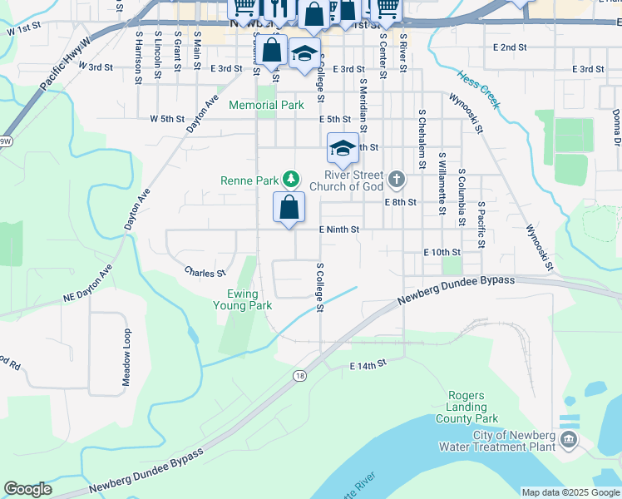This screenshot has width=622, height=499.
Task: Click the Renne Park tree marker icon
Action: pos(290,178)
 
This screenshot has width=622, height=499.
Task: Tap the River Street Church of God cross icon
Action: pos(397,178)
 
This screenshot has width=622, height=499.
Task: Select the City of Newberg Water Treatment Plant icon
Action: pos(569,438)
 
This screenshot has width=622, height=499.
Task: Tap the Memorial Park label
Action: pos(266,106)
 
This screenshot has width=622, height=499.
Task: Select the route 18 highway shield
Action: pos(298,377)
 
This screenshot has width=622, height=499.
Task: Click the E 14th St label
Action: pos(368,365)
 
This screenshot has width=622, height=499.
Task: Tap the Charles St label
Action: pos(205,272)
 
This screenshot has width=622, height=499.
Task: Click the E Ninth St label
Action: pos(338,230)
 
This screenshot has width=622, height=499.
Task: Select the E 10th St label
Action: pos(442,251)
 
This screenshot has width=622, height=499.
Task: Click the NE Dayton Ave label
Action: pos(87,285)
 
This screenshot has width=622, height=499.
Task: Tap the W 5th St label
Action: pos(166,119)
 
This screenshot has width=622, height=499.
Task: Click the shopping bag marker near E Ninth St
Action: pos(289,208)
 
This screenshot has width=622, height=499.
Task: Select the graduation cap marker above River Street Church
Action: pos(343,148)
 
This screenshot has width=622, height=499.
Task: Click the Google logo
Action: pos(27,490)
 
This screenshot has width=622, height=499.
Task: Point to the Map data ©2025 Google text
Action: pos(570,492)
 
